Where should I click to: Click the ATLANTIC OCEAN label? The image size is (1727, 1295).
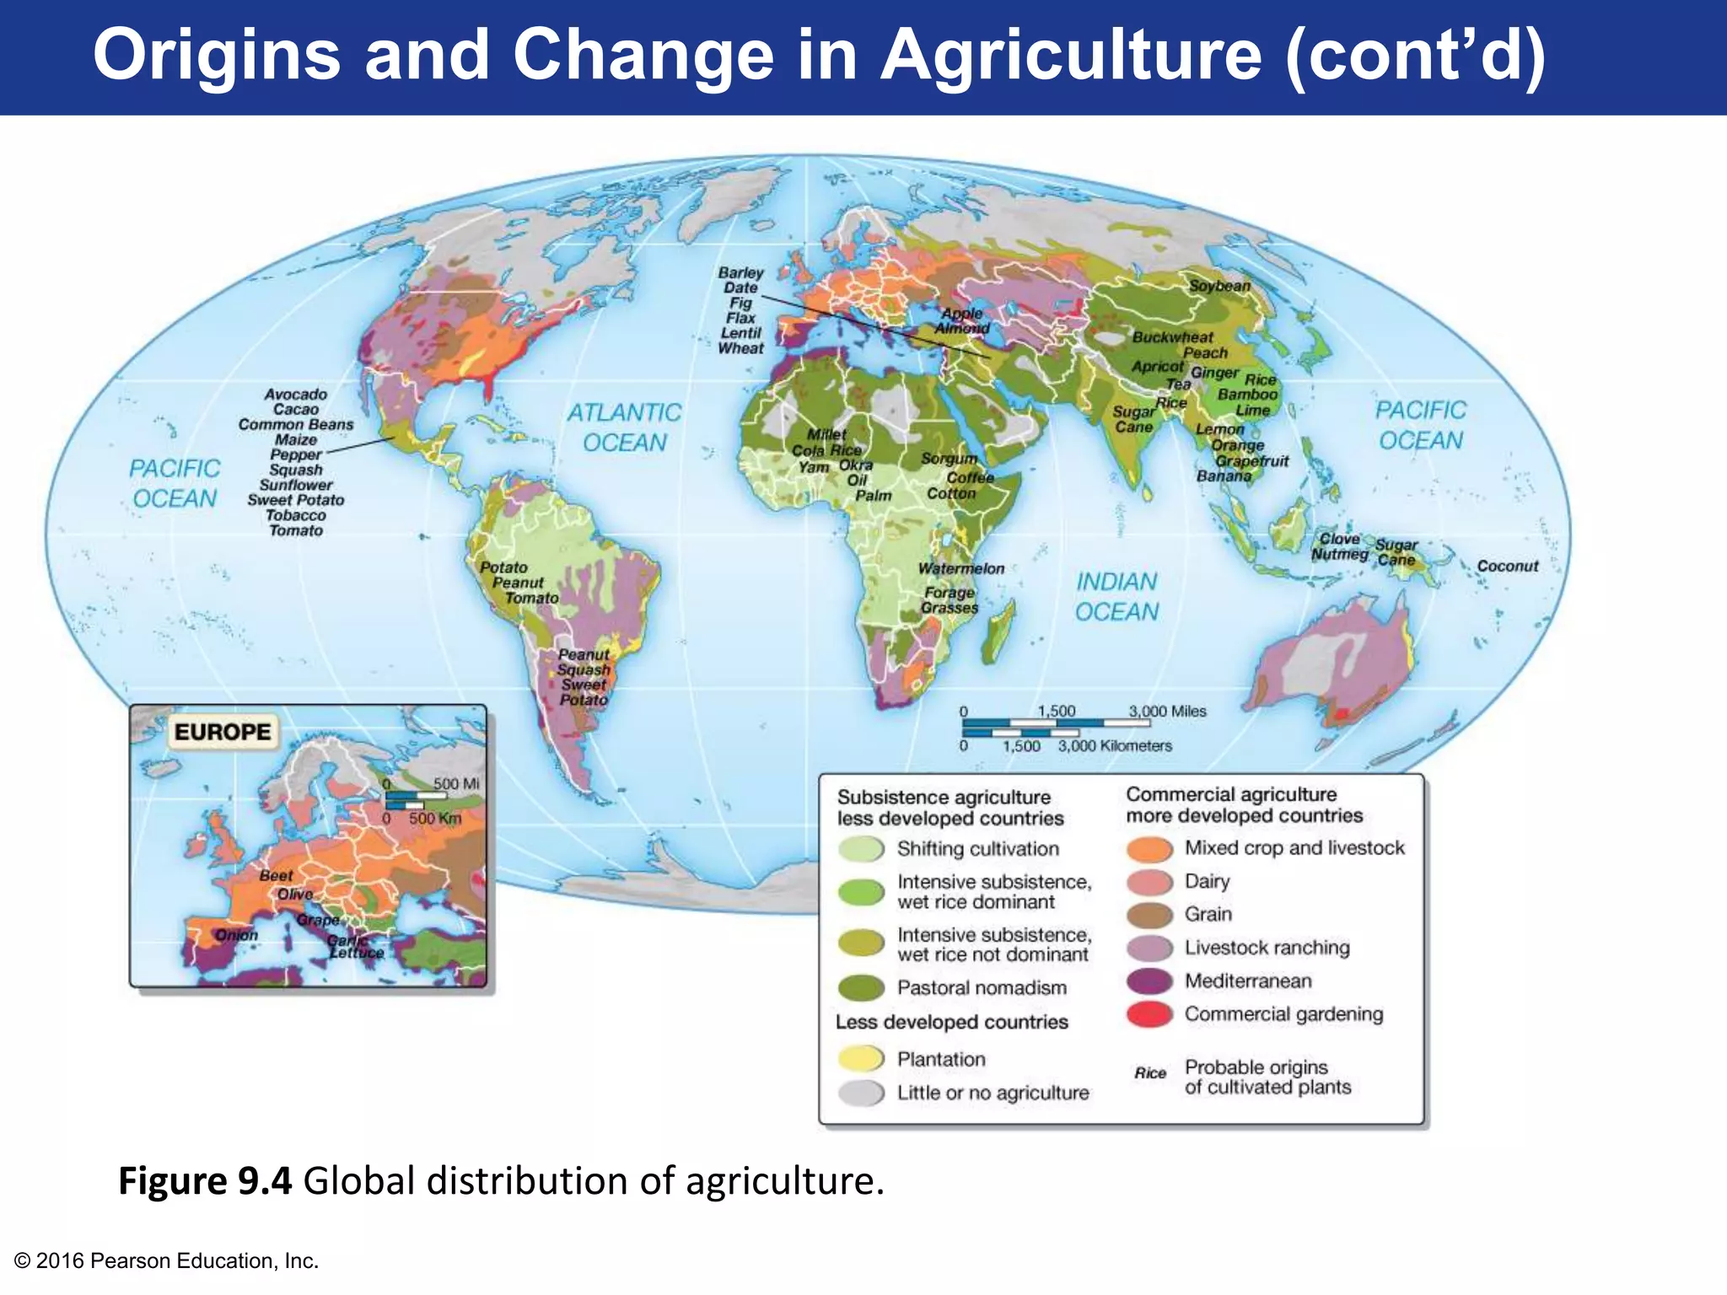point(624,427)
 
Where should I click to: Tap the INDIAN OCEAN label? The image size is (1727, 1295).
point(1116,597)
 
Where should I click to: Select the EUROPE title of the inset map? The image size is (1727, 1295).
point(223,732)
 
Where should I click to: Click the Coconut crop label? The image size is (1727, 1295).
point(1508,567)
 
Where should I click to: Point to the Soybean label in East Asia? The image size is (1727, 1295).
point(1219,286)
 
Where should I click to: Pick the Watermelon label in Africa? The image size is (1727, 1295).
point(961,569)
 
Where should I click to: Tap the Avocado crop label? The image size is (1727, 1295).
point(295,395)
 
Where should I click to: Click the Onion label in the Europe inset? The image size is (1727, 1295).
point(236,935)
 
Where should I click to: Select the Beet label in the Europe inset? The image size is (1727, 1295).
point(276,876)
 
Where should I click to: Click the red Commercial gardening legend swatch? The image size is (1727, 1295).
point(1149,1015)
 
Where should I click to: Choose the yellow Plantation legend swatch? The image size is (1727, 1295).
point(861,1059)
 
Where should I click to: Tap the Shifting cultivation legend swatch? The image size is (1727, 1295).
point(861,849)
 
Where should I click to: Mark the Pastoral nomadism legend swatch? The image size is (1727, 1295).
point(861,987)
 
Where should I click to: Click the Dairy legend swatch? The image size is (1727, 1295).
point(1149,882)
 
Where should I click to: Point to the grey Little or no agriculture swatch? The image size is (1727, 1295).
point(861,1093)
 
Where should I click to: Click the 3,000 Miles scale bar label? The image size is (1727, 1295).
point(1167,712)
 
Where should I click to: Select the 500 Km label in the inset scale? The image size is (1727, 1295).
point(435,819)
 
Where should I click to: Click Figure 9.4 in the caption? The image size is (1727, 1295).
point(205,1180)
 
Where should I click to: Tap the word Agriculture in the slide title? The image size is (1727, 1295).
point(1070,55)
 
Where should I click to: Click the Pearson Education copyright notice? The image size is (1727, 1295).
point(167,1260)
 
